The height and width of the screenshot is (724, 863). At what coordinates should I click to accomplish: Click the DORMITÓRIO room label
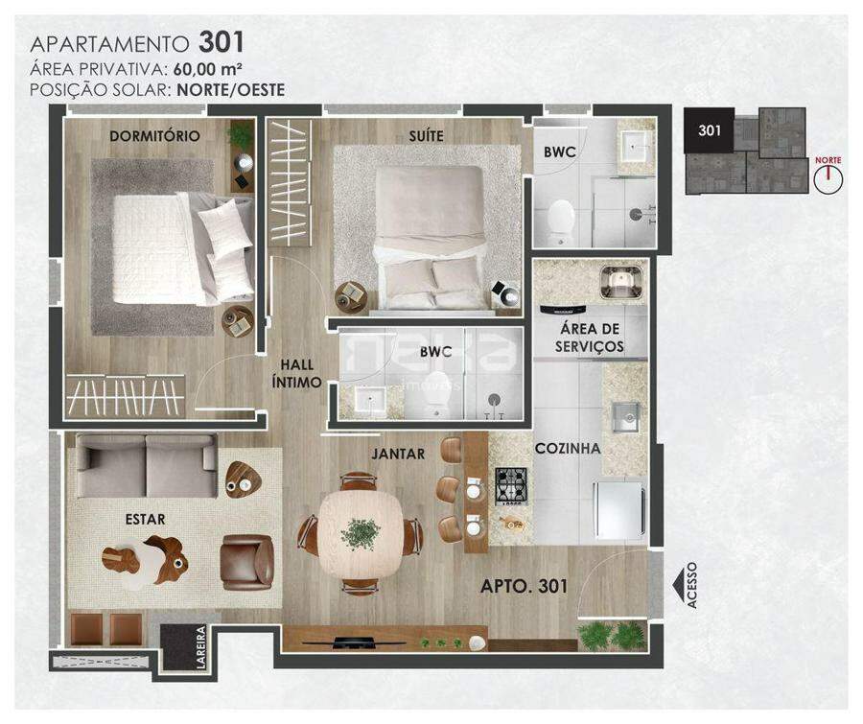click(154, 136)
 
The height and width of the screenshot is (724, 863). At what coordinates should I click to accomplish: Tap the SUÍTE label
click(426, 136)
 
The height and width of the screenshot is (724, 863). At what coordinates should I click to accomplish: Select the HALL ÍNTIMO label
click(296, 373)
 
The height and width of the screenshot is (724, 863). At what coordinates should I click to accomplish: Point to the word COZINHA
click(568, 448)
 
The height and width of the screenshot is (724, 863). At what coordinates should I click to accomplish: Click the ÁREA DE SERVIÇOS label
click(590, 338)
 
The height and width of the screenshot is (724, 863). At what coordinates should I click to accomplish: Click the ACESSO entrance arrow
click(682, 585)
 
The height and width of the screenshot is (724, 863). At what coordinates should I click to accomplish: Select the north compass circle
click(828, 179)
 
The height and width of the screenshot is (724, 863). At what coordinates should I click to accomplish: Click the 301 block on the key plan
click(709, 129)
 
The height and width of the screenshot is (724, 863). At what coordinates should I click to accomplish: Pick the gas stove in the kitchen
click(512, 486)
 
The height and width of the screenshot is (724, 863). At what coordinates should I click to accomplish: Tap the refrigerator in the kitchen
click(618, 510)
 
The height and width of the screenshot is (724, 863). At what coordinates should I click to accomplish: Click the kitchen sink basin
click(626, 417)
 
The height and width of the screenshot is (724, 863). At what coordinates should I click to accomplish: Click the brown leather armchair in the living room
click(247, 562)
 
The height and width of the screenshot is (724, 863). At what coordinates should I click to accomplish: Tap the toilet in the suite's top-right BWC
click(561, 222)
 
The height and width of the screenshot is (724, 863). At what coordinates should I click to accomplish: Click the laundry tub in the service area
click(621, 283)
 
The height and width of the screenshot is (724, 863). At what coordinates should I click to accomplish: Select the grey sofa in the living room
click(146, 466)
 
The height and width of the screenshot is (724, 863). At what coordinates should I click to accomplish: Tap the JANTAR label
click(398, 454)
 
